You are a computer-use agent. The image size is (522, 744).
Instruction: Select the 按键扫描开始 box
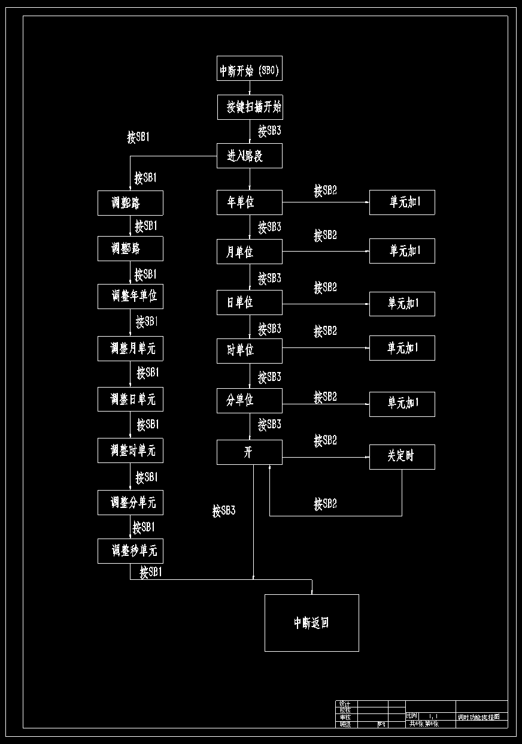point(250,107)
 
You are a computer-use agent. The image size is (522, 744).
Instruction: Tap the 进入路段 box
point(250,156)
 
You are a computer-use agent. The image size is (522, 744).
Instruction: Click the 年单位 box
point(250,202)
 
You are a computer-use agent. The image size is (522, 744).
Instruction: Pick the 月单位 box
point(250,252)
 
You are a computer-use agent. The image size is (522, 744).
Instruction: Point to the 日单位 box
point(250,303)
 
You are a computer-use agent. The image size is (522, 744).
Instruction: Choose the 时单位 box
point(250,350)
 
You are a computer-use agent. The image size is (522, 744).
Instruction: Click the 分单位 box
point(250,401)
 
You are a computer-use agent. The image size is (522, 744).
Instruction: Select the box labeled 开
point(250,452)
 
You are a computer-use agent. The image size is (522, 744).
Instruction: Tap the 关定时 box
point(402,456)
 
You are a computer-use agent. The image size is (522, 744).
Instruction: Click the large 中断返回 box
point(312,623)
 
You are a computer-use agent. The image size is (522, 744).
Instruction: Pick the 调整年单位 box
point(130,297)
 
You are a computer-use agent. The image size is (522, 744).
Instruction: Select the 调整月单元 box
point(130,349)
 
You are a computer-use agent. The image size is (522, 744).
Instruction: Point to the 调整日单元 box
point(130,400)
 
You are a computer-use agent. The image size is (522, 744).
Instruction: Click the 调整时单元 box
point(130,450)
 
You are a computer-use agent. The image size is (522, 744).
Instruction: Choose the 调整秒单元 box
point(130,551)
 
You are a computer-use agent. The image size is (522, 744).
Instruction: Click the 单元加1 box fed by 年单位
point(402,202)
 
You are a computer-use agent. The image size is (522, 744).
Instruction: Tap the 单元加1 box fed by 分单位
point(402,404)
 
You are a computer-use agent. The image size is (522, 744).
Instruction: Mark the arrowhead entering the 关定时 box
point(367,458)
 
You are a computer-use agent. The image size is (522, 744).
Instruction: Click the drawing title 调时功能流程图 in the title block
point(482,716)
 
